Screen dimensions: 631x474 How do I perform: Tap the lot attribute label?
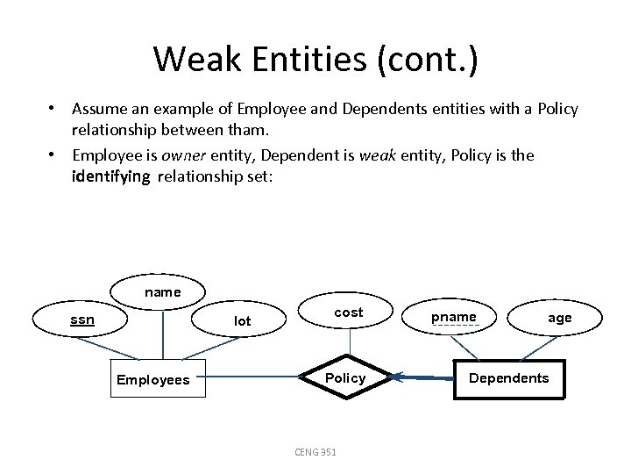242,321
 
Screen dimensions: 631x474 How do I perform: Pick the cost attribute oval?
348,312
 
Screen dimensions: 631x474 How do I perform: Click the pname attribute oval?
454,317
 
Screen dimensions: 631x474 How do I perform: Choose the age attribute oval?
559,318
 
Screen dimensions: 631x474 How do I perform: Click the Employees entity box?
152,379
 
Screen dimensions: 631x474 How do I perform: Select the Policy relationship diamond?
345,377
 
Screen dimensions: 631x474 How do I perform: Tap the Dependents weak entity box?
508,378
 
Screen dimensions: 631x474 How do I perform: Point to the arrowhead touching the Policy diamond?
397,378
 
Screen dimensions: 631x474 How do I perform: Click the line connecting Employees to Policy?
254,379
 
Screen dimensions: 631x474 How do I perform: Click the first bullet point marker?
53,109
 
